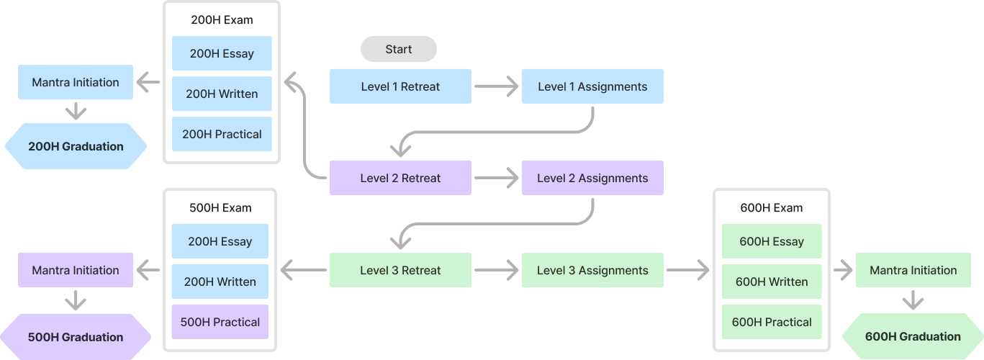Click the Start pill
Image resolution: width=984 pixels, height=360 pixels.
[x=398, y=49]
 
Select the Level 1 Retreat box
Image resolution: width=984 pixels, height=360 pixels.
[x=400, y=86]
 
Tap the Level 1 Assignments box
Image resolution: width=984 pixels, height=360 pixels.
[x=592, y=86]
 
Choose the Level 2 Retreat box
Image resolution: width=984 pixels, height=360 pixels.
[x=400, y=178]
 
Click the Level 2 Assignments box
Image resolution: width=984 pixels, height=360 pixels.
[x=592, y=178]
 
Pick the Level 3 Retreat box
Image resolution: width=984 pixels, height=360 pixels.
[x=400, y=271]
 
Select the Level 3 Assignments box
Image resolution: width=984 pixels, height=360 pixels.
[x=592, y=271]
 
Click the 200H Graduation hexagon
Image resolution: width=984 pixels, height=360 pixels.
[x=76, y=146]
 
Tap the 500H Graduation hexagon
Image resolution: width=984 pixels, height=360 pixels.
[x=76, y=337]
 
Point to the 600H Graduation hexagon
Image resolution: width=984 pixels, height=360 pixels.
[x=912, y=336]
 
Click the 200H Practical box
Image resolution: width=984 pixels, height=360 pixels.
[x=222, y=134]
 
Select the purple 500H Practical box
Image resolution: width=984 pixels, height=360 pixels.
[x=220, y=322]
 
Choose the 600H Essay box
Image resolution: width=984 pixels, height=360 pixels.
[x=771, y=241]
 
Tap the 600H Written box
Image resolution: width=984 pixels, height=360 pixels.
[x=771, y=282]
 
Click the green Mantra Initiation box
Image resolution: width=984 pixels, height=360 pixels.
[x=913, y=271]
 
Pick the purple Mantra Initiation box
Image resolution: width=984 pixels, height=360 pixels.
[x=76, y=270]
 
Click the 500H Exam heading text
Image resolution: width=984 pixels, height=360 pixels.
[x=221, y=208]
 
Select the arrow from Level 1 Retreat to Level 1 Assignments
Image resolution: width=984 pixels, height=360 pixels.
[x=497, y=87]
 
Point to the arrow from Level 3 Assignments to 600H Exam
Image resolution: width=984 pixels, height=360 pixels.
[x=688, y=271]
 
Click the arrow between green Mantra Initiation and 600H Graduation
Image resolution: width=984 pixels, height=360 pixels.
[x=913, y=300]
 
